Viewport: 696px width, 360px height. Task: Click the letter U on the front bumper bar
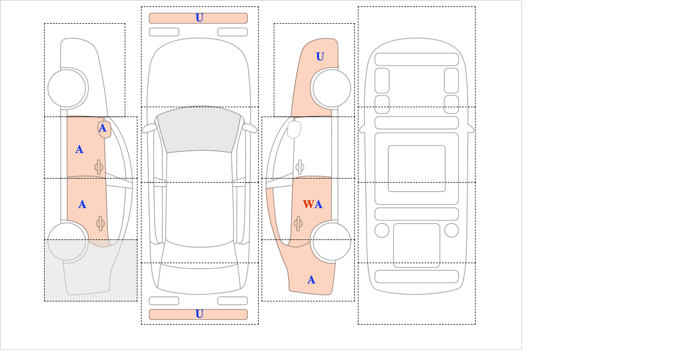200,18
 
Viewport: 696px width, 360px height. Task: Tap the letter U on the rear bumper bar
200,314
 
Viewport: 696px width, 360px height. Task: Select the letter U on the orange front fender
320,57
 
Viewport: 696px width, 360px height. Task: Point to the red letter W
308,205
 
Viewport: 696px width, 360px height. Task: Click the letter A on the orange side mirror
103,128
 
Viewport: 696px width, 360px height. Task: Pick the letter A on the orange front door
79,150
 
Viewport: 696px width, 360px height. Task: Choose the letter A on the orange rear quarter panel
311,280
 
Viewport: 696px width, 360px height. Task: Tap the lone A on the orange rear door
82,205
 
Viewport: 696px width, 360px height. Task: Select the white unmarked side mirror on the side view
294,129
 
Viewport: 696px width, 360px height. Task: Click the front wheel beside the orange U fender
332,88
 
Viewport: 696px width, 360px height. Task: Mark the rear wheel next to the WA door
332,241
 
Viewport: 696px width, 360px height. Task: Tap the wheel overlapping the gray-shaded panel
67,241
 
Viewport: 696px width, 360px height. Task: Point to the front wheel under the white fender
67,88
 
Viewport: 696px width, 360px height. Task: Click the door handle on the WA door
298,223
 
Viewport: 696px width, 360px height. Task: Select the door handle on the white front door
299,167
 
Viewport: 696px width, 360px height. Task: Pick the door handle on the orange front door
99,167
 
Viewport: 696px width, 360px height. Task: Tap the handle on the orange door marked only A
100,223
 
